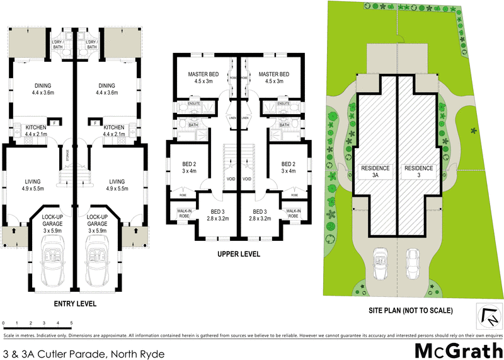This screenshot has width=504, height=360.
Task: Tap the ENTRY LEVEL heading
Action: coord(75,304)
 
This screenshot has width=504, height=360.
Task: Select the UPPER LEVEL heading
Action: coord(239,255)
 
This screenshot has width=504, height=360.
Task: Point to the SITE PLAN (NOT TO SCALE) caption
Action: coord(411,311)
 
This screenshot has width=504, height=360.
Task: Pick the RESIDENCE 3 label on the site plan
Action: coord(419,172)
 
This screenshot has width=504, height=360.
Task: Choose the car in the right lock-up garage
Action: coord(98,262)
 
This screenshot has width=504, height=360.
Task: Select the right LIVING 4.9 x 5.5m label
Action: coord(118,185)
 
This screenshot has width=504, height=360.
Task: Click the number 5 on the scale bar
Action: coord(71,323)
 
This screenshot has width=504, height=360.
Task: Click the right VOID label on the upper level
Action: coord(247,179)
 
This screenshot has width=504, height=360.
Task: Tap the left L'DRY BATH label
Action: coord(57,44)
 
